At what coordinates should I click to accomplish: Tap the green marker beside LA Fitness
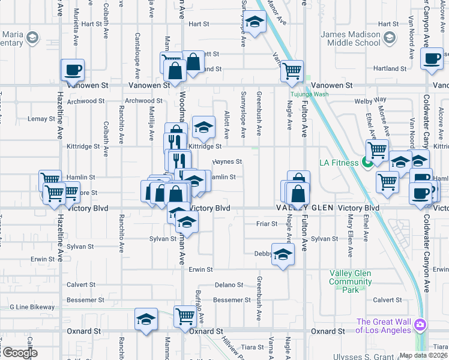coord(366,163)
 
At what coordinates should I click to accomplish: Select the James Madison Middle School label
coord(351,39)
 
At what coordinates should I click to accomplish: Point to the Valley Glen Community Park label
coord(351,281)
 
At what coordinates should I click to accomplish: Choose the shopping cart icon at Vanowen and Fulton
coord(292,71)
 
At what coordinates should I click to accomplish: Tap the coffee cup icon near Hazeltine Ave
coord(73,70)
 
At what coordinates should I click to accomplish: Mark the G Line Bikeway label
coord(32,307)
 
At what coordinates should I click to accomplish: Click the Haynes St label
coord(227,161)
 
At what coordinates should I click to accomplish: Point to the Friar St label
coord(267,224)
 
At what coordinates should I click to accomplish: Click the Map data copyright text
coord(423,355)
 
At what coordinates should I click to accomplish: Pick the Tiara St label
coord(253,347)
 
